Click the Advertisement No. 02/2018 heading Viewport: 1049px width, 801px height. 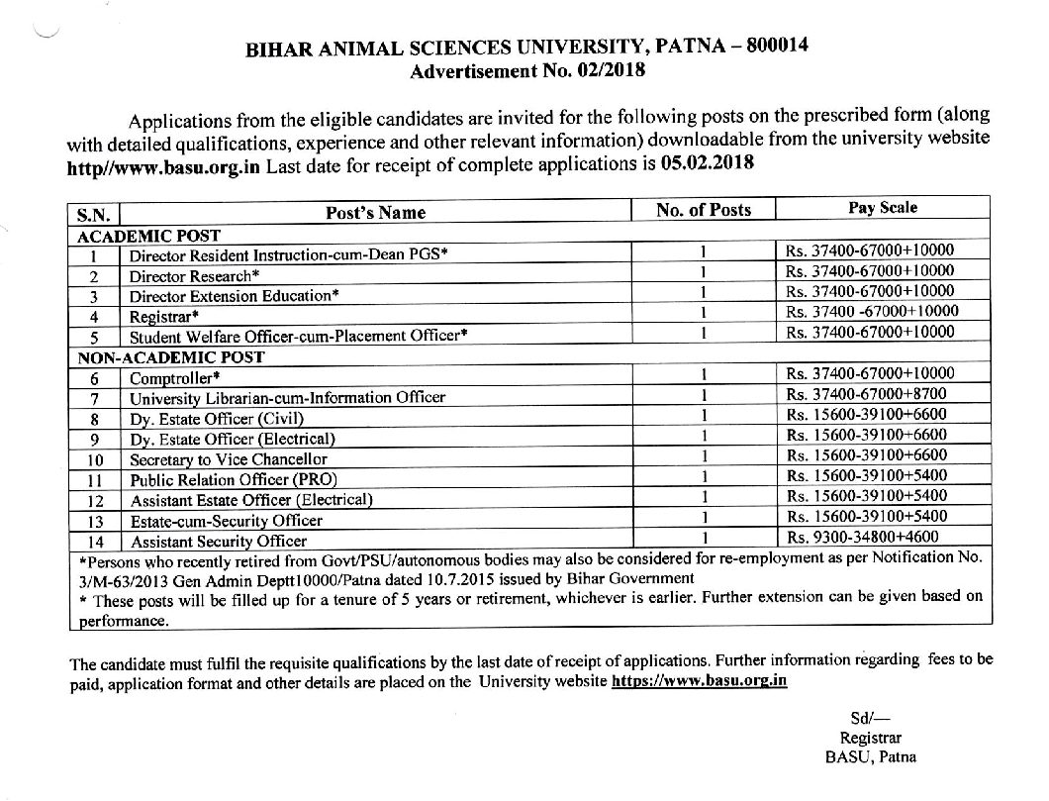[x=526, y=71]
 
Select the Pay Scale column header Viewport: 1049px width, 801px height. [x=883, y=208]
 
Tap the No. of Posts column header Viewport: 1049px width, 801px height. [x=703, y=210]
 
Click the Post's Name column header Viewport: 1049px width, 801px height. [x=376, y=212]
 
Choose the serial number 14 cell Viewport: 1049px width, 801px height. [x=96, y=542]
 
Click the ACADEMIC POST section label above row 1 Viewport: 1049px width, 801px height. [x=148, y=235]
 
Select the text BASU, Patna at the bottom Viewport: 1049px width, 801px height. [x=870, y=757]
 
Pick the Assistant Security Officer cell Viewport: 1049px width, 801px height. [x=219, y=542]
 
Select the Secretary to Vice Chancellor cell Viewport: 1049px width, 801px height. [x=229, y=459]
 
